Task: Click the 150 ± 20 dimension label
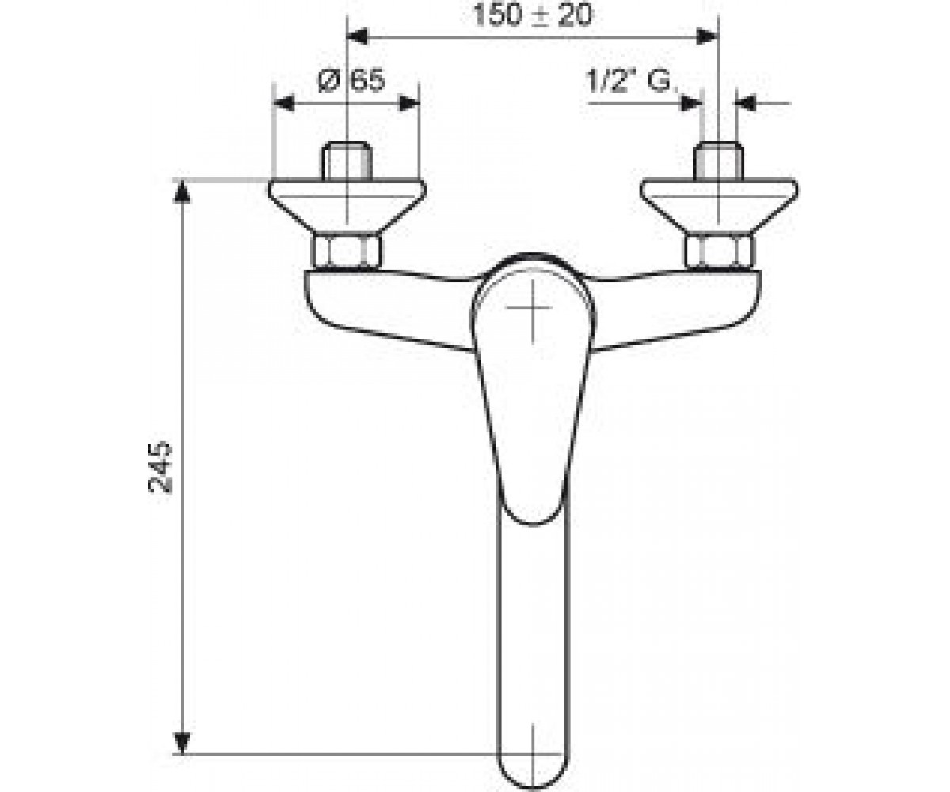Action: point(533,14)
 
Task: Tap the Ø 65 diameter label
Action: point(351,81)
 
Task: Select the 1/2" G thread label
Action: point(629,82)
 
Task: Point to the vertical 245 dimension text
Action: point(160,467)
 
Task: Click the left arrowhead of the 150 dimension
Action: point(357,37)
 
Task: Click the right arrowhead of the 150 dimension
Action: point(708,37)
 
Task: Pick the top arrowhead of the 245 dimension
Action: point(182,191)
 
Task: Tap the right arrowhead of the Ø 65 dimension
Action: point(408,103)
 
